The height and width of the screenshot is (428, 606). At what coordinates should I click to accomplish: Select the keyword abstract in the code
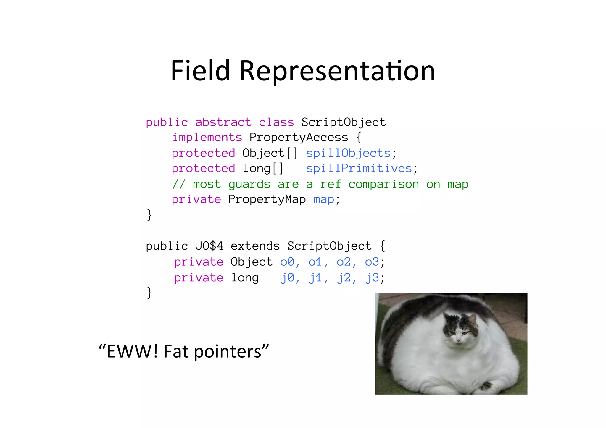223,122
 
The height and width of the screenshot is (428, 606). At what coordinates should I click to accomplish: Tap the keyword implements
207,137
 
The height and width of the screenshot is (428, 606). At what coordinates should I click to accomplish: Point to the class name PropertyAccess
299,137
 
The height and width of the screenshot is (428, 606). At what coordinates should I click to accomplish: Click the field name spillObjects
348,153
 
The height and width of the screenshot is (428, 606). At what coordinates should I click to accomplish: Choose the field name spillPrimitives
359,168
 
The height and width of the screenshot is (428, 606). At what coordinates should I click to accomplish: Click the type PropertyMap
267,199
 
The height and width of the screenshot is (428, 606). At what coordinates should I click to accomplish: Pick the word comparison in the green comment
383,184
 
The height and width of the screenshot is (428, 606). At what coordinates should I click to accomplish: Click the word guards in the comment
249,184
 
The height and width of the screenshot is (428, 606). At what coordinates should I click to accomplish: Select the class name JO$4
209,246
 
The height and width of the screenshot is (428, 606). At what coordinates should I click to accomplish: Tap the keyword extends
255,246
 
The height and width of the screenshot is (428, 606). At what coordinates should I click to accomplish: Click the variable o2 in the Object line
344,262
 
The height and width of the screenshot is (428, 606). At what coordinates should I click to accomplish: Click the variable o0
287,262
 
